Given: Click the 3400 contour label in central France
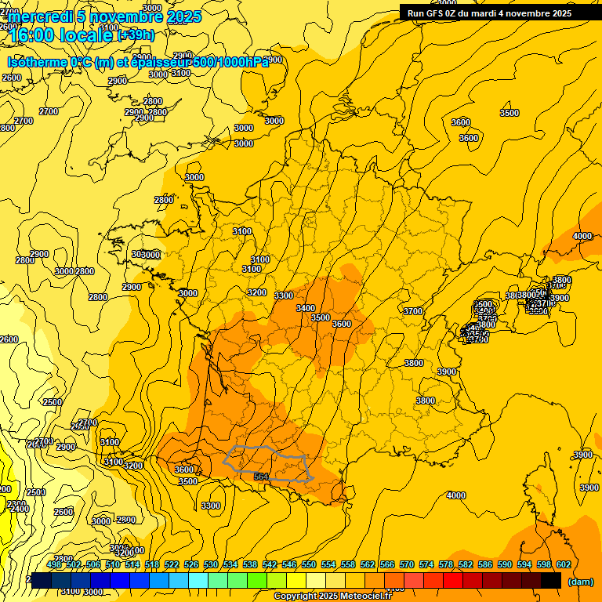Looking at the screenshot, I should (306, 308).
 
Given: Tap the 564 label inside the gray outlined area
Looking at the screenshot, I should (261, 476).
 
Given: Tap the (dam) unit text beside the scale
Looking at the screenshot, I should (580, 582).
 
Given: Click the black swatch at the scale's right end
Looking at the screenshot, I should (551, 581).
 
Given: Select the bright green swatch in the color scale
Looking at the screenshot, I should (257, 581).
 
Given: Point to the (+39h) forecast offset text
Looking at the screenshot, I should (136, 35).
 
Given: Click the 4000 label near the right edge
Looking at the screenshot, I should (582, 236).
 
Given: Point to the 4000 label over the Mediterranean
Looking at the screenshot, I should (455, 495).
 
